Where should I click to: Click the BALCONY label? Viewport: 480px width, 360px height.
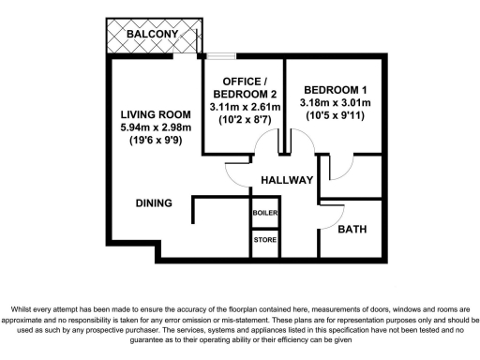[154, 34]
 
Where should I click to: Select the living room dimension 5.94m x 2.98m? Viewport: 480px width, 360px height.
[157, 128]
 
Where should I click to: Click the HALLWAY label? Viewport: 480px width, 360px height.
[286, 178]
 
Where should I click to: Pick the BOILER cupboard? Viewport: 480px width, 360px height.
[264, 214]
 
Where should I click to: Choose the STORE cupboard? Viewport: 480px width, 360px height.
[264, 241]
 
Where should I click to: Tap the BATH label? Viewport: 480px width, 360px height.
[352, 230]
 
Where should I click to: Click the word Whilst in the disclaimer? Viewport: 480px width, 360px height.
[24, 308]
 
